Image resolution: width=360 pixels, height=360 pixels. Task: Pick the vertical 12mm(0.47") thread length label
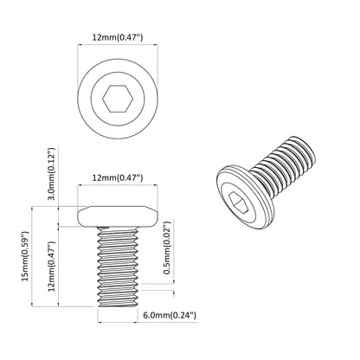coord(52,262)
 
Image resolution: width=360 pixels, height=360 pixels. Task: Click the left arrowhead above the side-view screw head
coord(81,192)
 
